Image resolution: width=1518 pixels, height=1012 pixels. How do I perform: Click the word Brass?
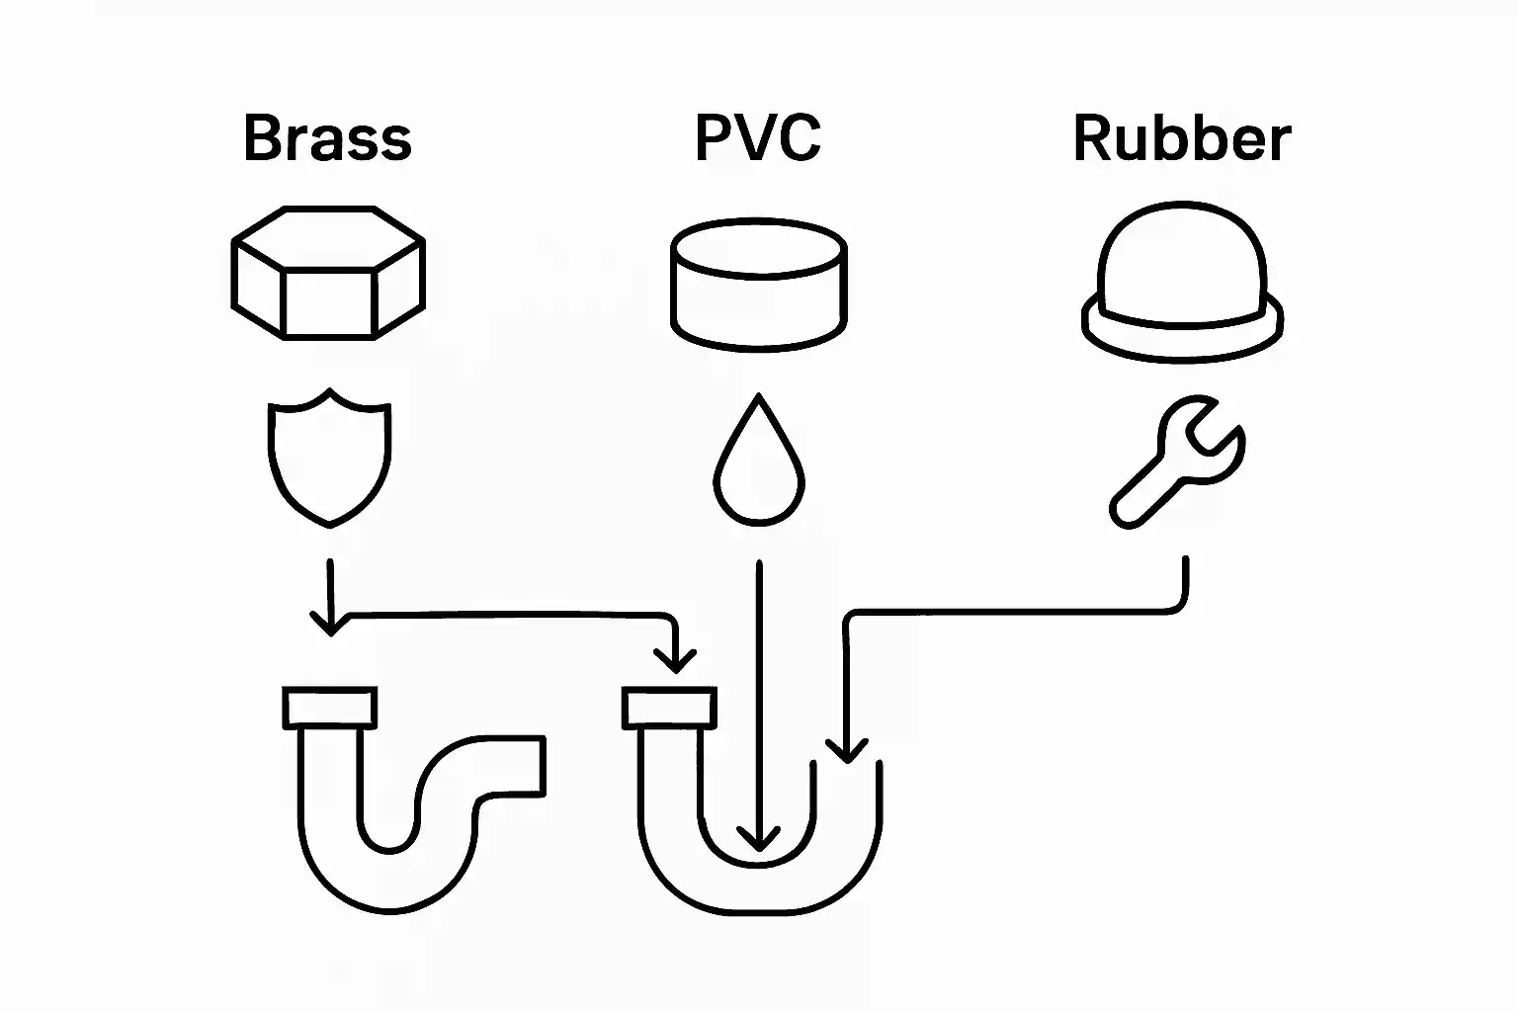point(327,138)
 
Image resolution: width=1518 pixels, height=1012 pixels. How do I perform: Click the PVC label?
point(758,138)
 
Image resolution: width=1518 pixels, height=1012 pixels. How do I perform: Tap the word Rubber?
point(1182,138)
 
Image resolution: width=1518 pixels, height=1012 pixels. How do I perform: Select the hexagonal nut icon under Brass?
point(328,273)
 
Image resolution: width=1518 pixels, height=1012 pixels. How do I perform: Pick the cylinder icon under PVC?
point(758,286)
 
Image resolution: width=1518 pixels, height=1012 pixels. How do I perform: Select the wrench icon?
point(1177,461)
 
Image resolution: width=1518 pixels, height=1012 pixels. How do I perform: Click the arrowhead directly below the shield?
point(330,625)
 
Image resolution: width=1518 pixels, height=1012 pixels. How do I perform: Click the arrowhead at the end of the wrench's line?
point(846,751)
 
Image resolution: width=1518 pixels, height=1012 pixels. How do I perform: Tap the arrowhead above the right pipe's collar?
point(676,661)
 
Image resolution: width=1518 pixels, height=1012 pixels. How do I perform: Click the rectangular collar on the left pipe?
point(330,708)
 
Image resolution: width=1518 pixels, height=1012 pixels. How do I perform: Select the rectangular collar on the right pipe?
point(670,708)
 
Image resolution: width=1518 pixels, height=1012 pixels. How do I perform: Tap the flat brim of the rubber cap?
point(1182,336)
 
